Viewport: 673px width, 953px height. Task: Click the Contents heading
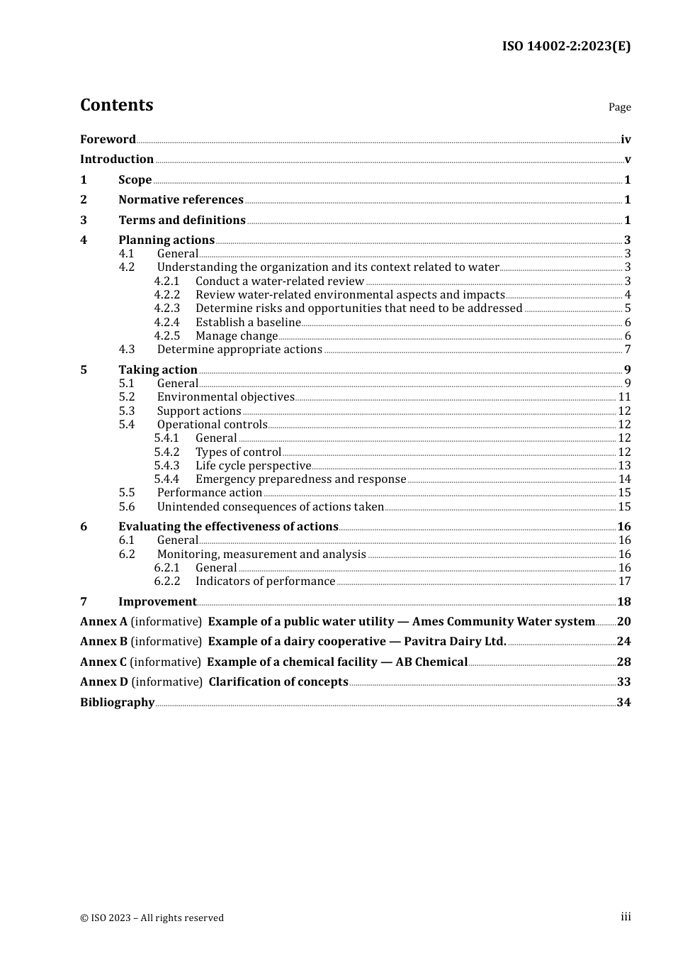[116, 105]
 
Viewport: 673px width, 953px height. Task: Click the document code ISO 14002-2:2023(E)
[566, 46]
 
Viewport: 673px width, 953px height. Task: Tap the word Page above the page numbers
[619, 107]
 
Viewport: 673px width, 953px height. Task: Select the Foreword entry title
[108, 140]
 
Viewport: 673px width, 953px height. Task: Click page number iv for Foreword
[626, 140]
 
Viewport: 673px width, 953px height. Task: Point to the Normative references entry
[181, 200]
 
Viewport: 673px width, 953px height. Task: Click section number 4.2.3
[167, 308]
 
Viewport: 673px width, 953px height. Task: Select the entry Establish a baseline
[248, 323]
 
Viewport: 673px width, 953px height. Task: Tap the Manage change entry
[237, 336]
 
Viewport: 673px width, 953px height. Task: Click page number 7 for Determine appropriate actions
[627, 350]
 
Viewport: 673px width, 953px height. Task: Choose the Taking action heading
[157, 369]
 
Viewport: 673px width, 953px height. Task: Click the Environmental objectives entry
[225, 397]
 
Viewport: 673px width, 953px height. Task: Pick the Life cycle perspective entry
[253, 466]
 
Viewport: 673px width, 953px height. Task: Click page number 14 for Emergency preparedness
[624, 479]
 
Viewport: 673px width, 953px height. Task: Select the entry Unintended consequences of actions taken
[270, 507]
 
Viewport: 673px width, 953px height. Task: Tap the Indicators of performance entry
[265, 581]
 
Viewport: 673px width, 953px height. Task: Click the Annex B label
[103, 642]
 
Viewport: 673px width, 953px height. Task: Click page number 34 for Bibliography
[623, 703]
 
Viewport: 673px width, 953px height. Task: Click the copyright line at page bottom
[152, 918]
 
